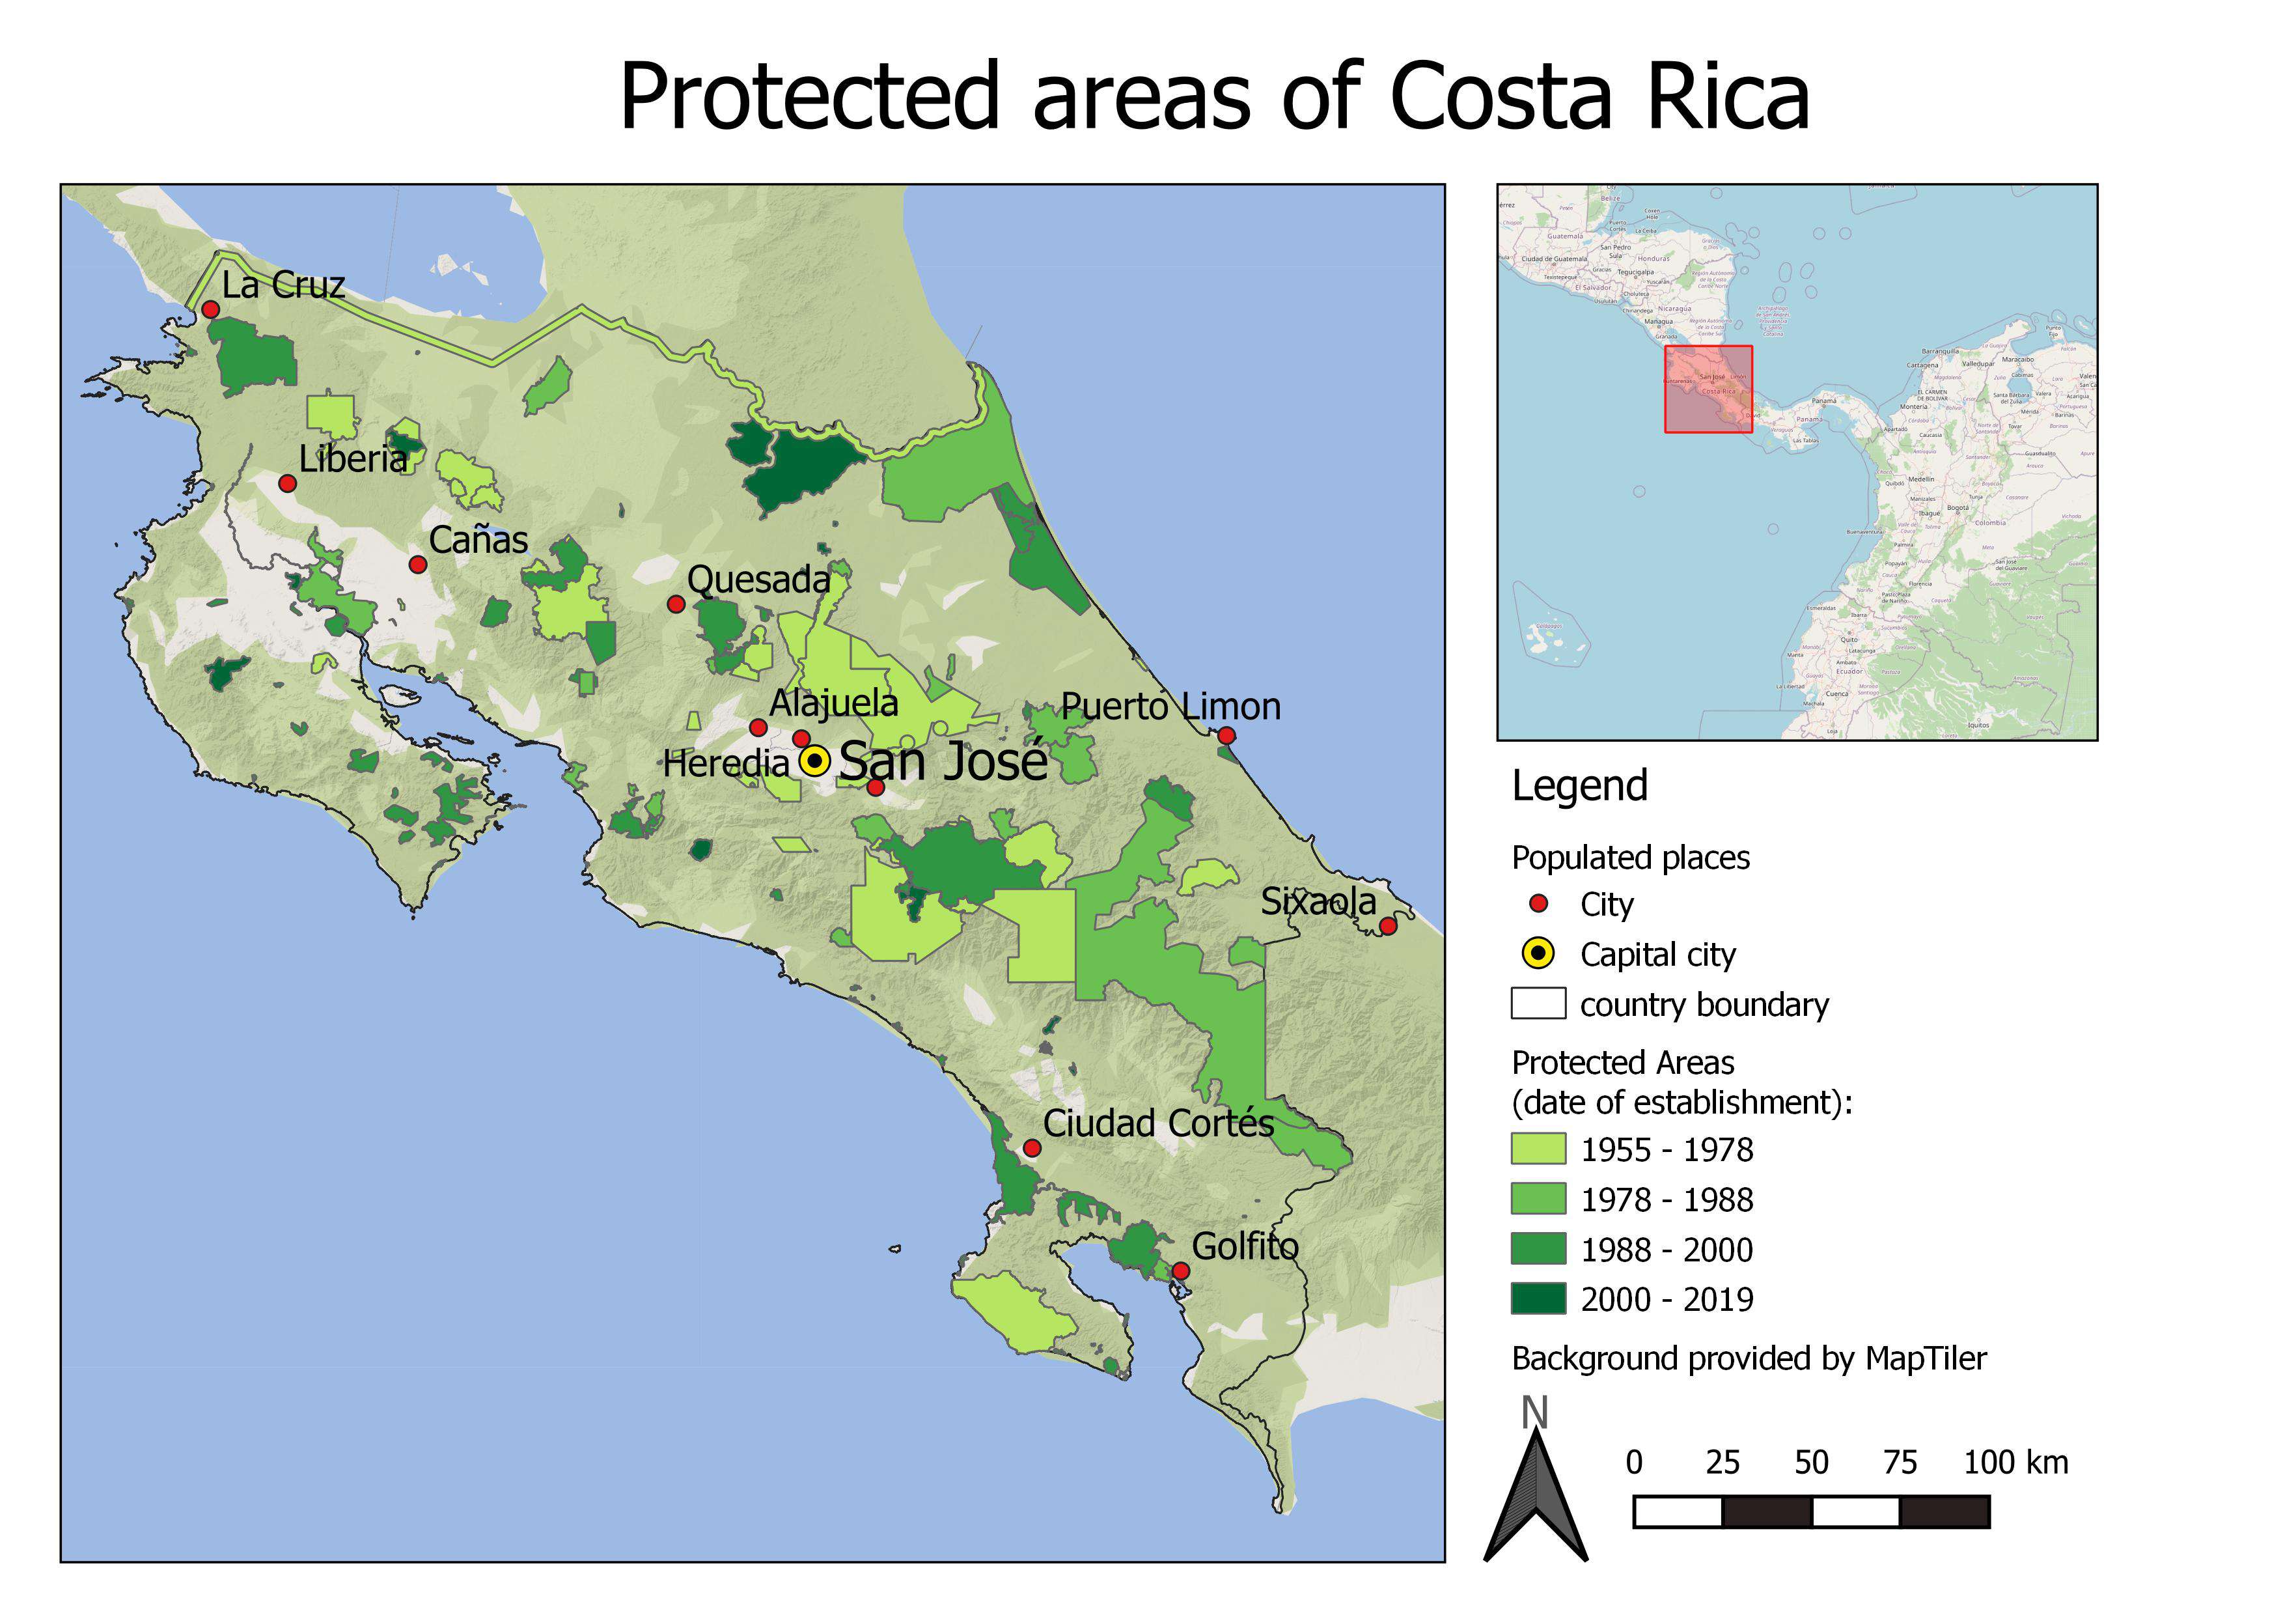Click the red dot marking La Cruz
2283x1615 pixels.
pos(210,309)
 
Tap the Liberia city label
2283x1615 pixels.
pos(353,460)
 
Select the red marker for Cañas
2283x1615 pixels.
pos(418,565)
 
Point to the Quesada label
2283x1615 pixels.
pos(758,580)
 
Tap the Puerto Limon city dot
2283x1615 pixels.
pos(1226,736)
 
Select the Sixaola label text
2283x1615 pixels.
pos(1318,902)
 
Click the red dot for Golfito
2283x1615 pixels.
pos(1180,1271)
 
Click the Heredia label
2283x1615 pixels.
pos(725,764)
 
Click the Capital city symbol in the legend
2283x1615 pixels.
pos(1538,953)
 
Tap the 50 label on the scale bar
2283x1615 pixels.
pos(1810,1463)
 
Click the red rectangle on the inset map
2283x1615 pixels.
pos(1708,389)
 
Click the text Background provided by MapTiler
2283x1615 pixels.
pos(1748,1358)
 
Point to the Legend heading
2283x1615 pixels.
pos(1579,785)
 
